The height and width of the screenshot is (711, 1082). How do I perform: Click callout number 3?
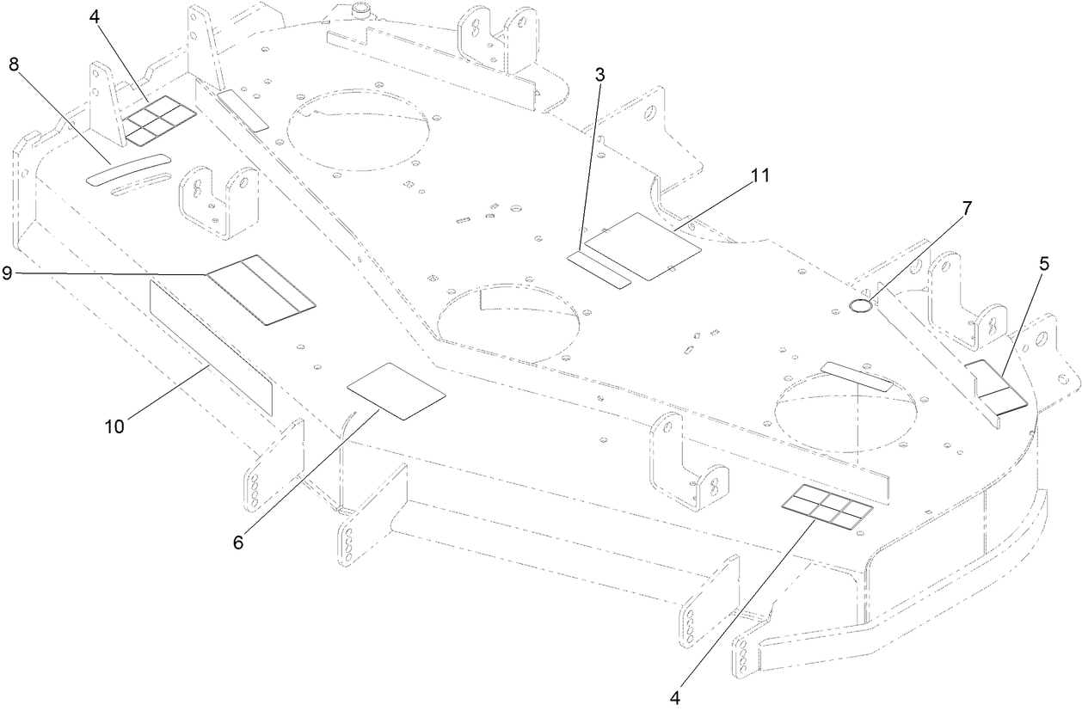(600, 75)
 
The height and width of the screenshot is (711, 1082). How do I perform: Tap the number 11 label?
(759, 175)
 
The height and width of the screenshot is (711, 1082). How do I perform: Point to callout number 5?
(1043, 265)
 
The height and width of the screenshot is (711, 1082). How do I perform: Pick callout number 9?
(7, 273)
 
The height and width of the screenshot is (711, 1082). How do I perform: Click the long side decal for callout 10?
(211, 346)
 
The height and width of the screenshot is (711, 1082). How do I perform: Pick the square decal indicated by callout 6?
(396, 390)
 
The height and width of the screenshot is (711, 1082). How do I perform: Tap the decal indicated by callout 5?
(995, 386)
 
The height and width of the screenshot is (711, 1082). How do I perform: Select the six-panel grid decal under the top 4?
(161, 120)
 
